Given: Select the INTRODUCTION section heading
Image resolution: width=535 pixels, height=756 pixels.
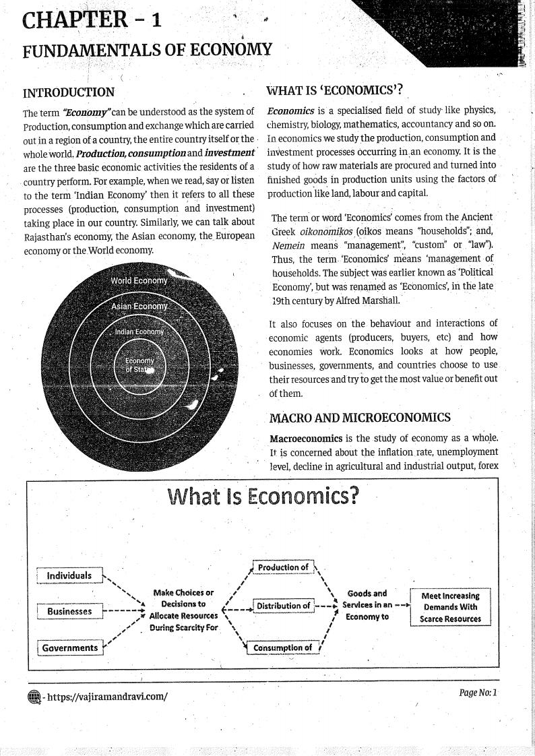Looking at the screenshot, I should (x=68, y=92).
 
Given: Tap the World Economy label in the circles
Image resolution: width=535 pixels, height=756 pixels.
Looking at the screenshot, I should (x=139, y=280).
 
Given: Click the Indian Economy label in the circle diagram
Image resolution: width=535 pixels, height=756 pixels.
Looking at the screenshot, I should (x=139, y=332).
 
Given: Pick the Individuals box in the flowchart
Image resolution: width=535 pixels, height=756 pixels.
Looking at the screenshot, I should (x=69, y=575).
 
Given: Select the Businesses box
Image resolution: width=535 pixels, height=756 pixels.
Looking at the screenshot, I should (x=69, y=611).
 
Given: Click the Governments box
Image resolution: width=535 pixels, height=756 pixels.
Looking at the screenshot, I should (x=70, y=648).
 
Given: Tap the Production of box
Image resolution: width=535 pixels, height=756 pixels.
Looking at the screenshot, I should (x=283, y=567).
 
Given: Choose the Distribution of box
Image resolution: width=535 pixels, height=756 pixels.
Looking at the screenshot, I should (x=283, y=606).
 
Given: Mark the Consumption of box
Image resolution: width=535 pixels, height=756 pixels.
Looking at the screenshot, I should (x=282, y=648).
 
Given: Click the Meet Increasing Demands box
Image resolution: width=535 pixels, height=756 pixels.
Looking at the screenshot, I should (x=450, y=607).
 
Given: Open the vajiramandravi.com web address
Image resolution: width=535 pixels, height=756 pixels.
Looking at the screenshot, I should (x=106, y=696).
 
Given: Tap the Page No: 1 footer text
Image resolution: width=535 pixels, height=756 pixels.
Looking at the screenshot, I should (x=477, y=693).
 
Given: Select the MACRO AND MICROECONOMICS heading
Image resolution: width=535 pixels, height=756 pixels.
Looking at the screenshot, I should (x=360, y=418).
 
